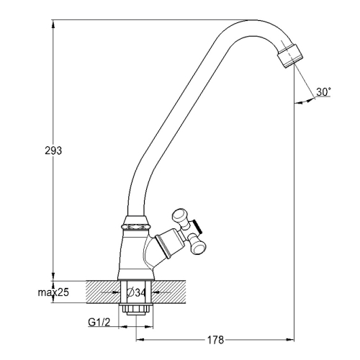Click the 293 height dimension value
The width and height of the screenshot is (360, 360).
(x=53, y=150)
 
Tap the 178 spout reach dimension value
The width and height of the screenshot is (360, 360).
(x=215, y=340)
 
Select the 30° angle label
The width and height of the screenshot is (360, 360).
(x=323, y=92)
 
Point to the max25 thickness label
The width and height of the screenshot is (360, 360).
(x=53, y=292)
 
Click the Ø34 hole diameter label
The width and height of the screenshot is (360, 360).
(x=136, y=292)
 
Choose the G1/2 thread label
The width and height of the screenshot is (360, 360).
(x=99, y=323)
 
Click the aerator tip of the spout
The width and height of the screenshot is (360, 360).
(x=290, y=56)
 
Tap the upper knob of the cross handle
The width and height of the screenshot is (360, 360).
(x=180, y=215)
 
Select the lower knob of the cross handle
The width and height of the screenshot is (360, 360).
(x=199, y=246)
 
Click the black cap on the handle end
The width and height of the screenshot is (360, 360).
(x=197, y=226)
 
